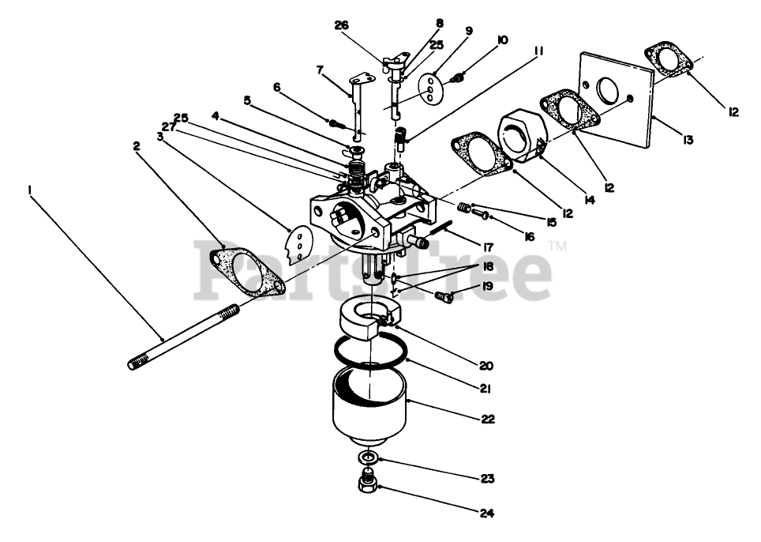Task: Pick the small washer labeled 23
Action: [x=368, y=458]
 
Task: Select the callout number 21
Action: [x=485, y=388]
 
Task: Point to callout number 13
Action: [x=688, y=140]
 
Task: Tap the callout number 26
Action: [x=341, y=24]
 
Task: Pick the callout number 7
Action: [x=320, y=70]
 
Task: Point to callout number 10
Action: [x=503, y=40]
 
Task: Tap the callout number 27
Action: [x=168, y=126]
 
